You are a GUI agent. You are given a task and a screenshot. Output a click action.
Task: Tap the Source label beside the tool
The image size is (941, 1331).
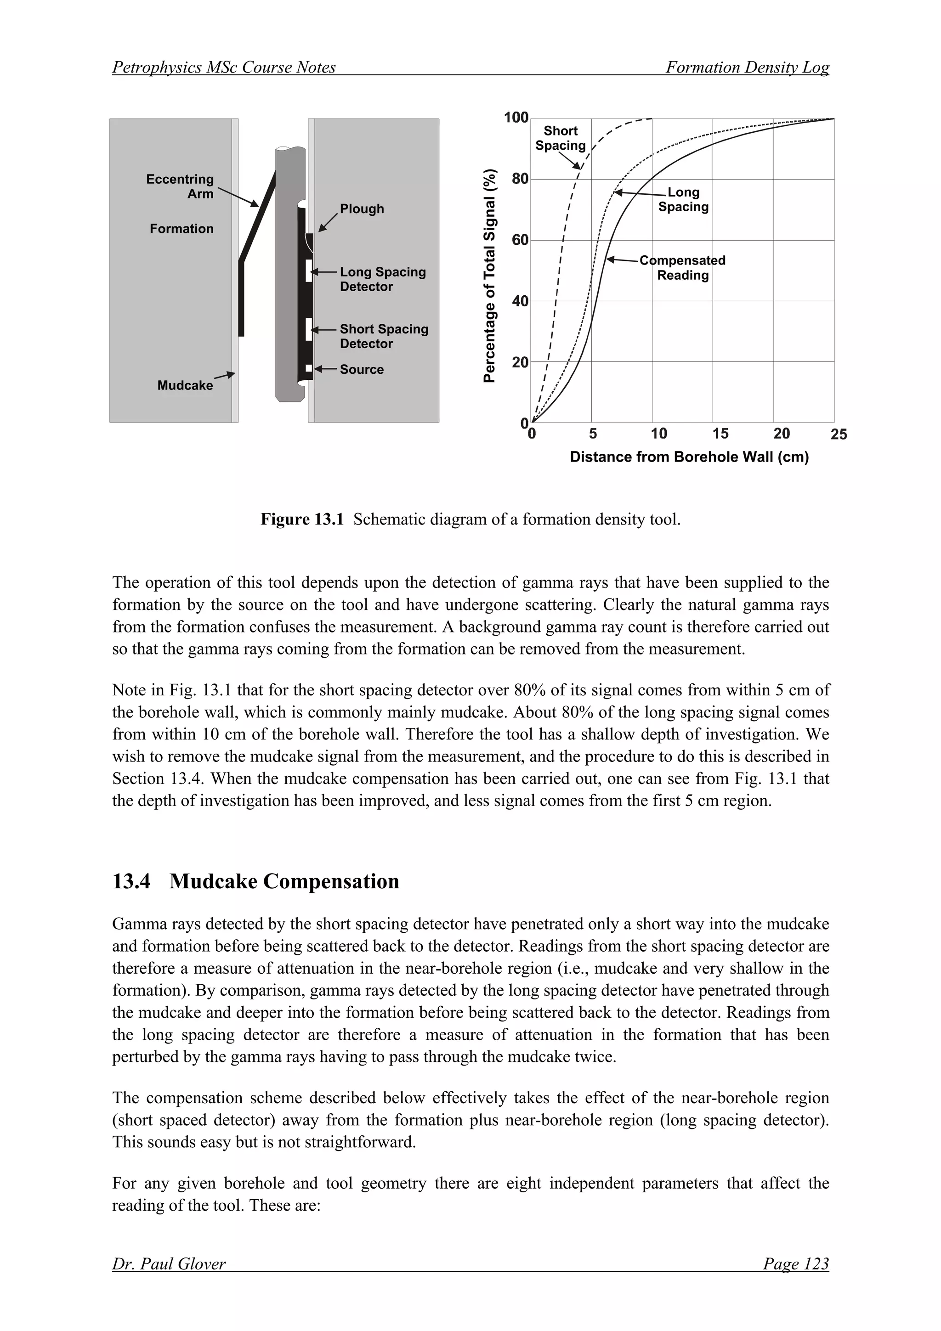coord(361,369)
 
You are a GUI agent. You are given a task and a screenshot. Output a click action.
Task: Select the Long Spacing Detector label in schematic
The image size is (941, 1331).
coord(382,279)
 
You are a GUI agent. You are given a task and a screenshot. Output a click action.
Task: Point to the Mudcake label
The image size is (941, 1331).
coord(185,385)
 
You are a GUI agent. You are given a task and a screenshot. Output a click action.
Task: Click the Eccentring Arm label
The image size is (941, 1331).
coord(180,186)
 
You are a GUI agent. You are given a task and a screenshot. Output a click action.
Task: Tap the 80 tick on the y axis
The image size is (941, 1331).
coord(520,179)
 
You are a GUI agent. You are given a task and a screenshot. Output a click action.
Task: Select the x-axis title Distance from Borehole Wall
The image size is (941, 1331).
coord(689,457)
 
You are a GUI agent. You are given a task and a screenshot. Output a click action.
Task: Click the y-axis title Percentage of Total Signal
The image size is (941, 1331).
coord(490,276)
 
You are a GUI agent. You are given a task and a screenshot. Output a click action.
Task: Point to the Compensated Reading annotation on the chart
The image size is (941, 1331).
coord(682,268)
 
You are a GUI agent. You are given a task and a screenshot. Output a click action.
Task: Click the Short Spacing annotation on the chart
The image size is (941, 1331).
coord(560,138)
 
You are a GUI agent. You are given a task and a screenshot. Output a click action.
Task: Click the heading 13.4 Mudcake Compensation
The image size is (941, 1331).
coord(255,881)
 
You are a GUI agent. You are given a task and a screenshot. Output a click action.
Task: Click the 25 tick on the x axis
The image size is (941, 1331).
coord(839,434)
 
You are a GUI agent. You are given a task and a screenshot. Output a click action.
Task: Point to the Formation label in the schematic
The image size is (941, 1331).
coord(181,229)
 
